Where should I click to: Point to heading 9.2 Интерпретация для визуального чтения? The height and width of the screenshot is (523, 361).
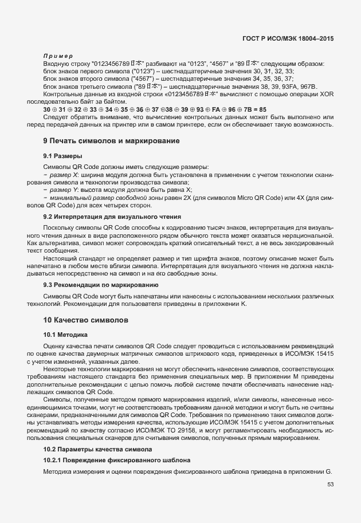(x=112, y=217)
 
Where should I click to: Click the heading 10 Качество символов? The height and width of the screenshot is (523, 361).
(x=86, y=318)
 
